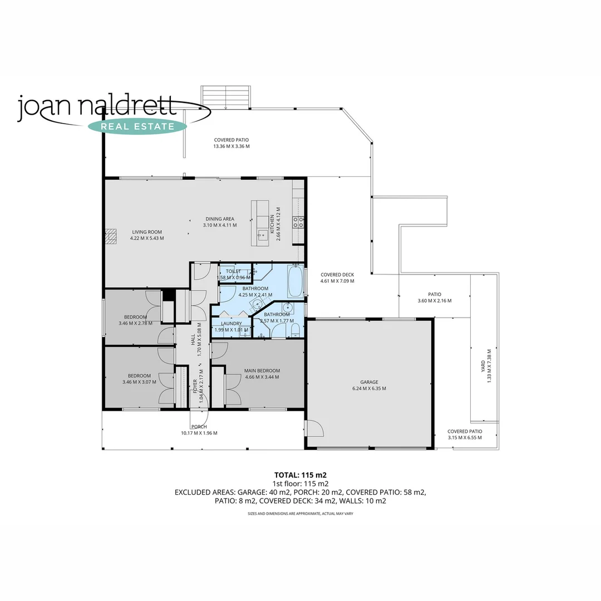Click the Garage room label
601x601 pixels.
369,382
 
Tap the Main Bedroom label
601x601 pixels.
262,371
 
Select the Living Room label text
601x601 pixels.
146,232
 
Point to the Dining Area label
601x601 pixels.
219,219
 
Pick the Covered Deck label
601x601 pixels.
337,274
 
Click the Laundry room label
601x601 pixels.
231,323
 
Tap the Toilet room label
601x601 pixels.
233,271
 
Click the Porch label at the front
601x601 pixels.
199,427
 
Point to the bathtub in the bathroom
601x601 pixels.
295,282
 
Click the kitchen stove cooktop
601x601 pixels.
299,222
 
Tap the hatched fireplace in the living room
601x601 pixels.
112,237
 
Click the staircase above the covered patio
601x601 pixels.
226,97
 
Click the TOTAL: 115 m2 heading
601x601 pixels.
300,475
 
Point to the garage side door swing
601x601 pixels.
314,429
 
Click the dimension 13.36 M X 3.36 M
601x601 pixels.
231,146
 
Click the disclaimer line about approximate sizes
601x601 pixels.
300,514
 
